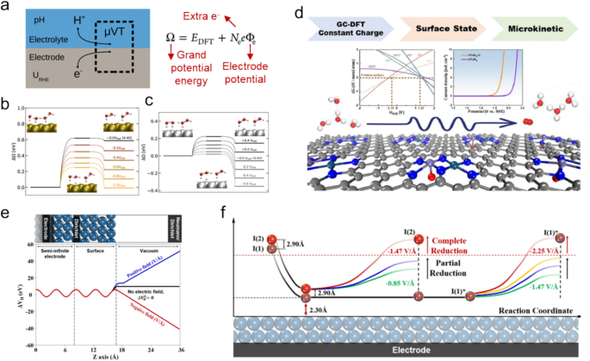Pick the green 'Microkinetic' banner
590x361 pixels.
pos(536,27)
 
